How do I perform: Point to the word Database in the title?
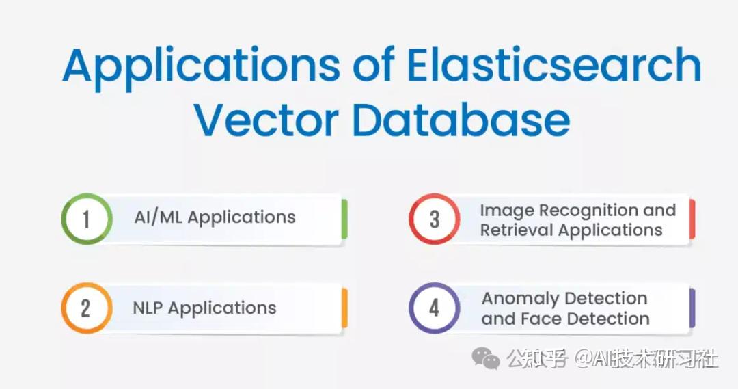(x=461, y=120)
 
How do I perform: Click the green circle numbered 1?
(x=86, y=219)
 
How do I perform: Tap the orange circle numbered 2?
(x=86, y=308)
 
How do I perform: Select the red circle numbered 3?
(x=434, y=219)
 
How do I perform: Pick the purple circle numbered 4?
(x=434, y=308)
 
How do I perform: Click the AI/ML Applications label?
(x=215, y=218)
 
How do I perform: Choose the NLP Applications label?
(x=204, y=308)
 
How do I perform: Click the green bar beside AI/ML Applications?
(x=344, y=219)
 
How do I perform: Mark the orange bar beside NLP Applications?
(x=344, y=308)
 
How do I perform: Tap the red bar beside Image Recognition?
(x=692, y=219)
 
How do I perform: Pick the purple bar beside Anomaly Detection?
(x=692, y=308)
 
